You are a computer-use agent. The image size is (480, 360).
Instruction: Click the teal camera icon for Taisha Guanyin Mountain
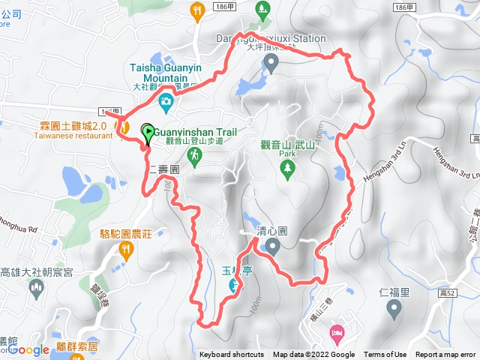click(166, 101)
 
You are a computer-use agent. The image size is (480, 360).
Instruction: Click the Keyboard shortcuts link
click(232, 355)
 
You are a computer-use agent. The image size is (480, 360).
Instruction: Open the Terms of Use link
click(385, 355)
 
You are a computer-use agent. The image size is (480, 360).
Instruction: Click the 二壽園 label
click(163, 170)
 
